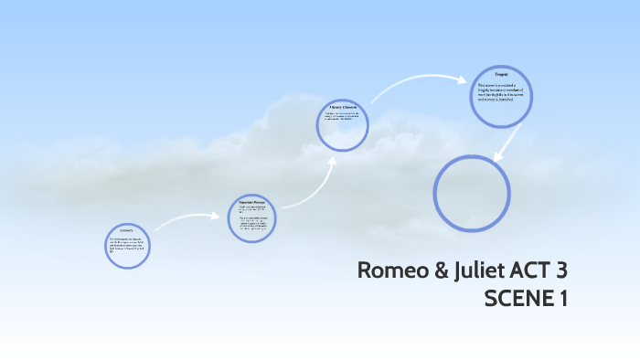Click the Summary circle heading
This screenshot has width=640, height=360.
(127, 230)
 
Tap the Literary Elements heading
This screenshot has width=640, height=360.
(342, 108)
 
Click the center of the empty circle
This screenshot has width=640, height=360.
(471, 193)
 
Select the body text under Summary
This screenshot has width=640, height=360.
(127, 245)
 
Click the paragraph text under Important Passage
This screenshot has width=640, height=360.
(251, 218)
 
